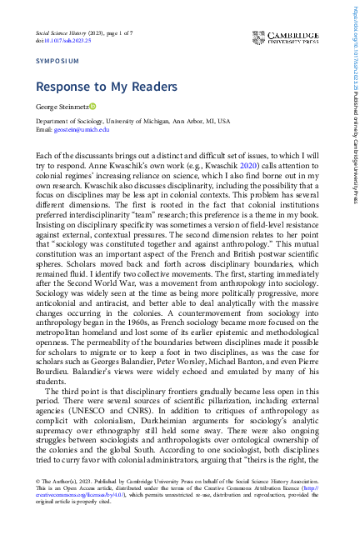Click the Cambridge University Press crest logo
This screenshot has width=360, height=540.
coord(261,39)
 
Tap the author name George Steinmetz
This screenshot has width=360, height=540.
coord(62,107)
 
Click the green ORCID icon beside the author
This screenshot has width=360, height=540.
coord(93,107)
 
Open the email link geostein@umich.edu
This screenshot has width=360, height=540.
coord(82,130)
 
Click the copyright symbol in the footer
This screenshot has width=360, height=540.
coord(38,482)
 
